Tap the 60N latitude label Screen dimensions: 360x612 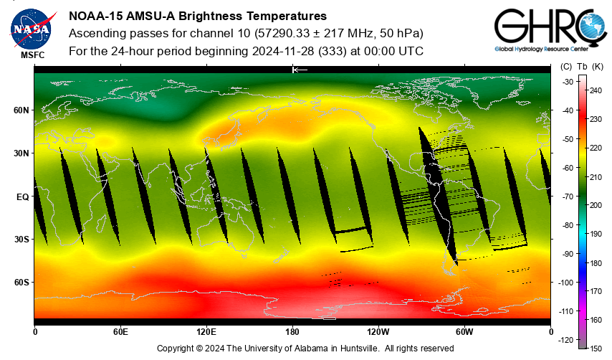(x=21, y=110)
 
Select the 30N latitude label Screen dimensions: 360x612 (x=21, y=153)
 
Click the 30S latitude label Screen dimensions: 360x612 (x=21, y=240)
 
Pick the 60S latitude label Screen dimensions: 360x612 (x=21, y=283)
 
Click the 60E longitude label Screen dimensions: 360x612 (x=120, y=332)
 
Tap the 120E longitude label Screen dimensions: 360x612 (x=206, y=332)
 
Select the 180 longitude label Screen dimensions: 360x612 (x=292, y=332)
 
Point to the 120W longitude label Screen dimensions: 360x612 (x=378, y=332)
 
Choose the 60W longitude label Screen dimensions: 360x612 (x=464, y=332)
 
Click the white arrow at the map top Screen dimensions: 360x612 (x=300, y=70)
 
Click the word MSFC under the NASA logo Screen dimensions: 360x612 (x=32, y=55)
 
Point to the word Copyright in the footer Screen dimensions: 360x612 (x=176, y=349)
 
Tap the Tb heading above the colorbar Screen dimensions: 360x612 (x=582, y=67)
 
